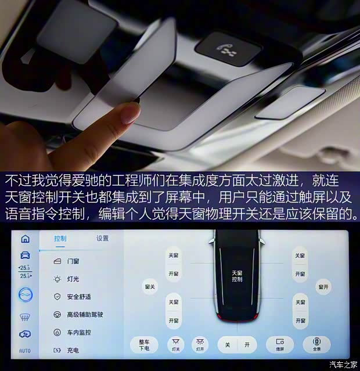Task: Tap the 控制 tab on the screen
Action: click(60, 239)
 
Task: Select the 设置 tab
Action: click(102, 238)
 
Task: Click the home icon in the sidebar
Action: click(25, 239)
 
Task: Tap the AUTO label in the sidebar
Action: click(25, 351)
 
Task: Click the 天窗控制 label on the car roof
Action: click(237, 275)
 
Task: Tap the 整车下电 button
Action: click(144, 345)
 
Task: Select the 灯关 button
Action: click(175, 345)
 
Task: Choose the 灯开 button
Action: click(200, 345)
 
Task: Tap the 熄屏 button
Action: click(280, 344)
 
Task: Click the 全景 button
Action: click(316, 344)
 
